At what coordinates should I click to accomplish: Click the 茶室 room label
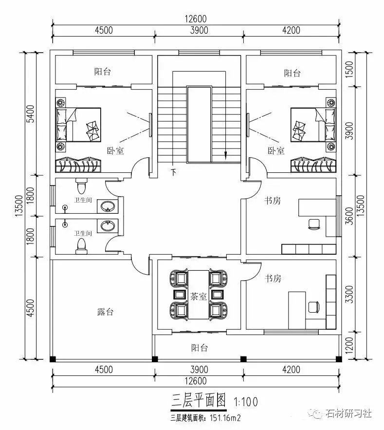(199, 296)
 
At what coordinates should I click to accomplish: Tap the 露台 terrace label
(105, 312)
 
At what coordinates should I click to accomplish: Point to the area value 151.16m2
(224, 418)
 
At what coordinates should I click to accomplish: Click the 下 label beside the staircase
(174, 171)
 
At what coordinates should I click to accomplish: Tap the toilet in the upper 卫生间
(82, 187)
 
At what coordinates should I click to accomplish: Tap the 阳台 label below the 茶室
(199, 348)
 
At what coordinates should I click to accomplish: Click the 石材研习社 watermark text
(349, 413)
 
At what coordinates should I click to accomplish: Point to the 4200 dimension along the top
(291, 30)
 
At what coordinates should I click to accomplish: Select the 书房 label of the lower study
(273, 279)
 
